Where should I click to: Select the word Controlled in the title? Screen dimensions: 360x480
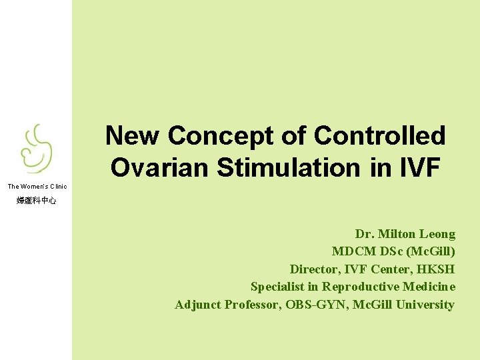coord(379,136)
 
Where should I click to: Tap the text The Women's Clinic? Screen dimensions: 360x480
coord(37,187)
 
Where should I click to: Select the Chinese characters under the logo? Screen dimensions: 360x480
coord(37,200)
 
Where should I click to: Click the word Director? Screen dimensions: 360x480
coord(315,269)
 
